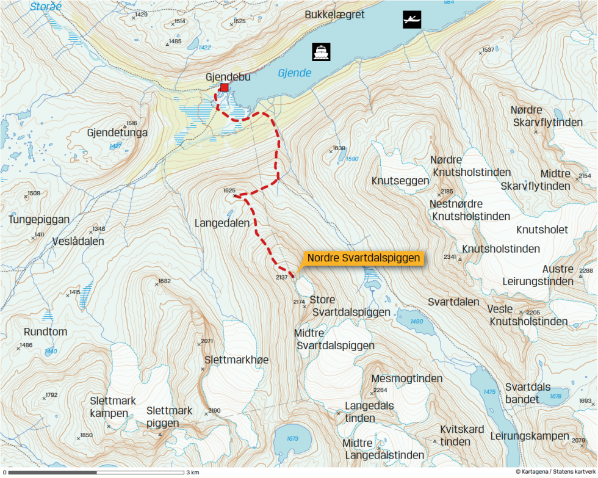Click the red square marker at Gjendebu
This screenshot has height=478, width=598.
pos(224,88)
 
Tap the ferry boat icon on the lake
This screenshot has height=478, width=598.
pos(321,52)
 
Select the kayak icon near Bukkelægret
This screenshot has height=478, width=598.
pos(412,20)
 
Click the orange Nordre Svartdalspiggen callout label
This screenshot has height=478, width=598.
pos(364,258)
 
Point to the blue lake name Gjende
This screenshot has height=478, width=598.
pos(295,73)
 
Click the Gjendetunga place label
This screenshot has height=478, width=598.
pos(117,132)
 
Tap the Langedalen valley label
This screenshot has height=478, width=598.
pos(222,223)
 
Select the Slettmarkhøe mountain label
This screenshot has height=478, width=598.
pos(237,360)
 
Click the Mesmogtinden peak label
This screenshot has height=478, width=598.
pos(406,378)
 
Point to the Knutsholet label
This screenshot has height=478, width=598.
pos(542,230)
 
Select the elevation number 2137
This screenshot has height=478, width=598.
pos(281,277)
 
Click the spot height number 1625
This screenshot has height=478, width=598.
pos(229,190)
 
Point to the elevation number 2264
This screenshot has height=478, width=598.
pos(380,390)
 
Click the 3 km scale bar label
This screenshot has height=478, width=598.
pos(193,473)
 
